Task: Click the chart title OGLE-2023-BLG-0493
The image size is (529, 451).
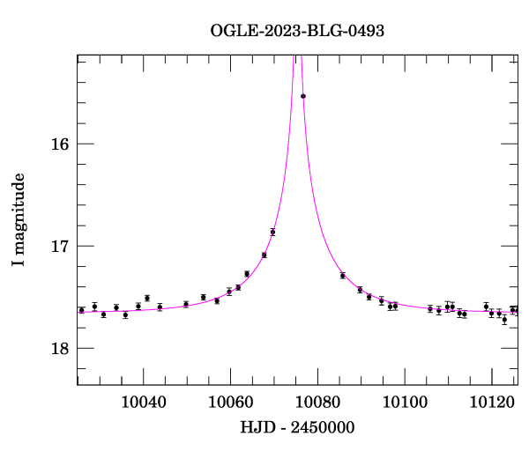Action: [297, 30]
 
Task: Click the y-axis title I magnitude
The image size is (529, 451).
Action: [19, 219]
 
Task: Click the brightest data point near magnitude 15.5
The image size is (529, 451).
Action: [303, 96]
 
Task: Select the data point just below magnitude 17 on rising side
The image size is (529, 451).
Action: [272, 232]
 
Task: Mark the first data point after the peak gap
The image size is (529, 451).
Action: [342, 276]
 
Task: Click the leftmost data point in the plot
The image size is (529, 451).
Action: [81, 310]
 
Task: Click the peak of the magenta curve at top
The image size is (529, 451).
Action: [298, 57]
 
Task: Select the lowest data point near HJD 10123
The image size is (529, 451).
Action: [504, 320]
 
